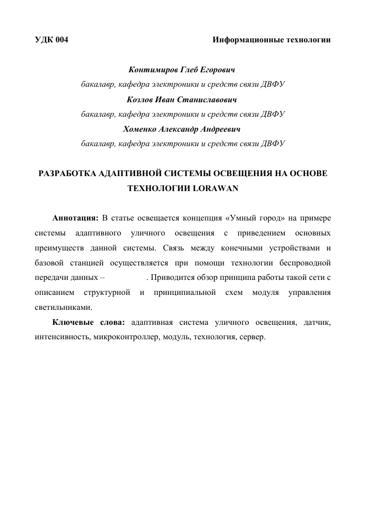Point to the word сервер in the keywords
251,338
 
